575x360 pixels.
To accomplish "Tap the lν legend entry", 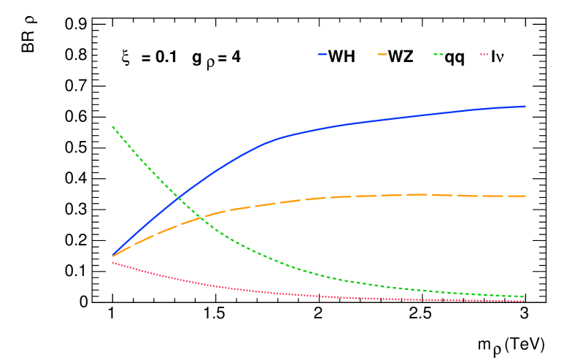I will pos(495,56).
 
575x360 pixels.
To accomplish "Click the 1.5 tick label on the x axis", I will pos(215,315).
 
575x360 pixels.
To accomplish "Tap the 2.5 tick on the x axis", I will pos(421,315).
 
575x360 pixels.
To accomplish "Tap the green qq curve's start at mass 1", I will pos(112,126).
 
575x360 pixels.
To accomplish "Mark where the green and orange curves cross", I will pos(201,218).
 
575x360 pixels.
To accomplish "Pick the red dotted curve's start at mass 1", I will pos(112,262).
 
